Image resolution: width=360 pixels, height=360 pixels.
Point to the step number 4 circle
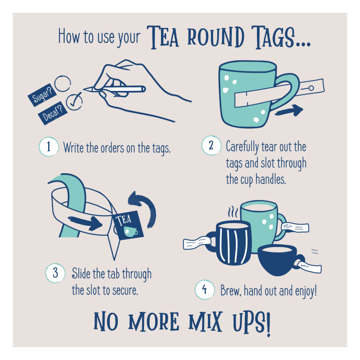[204, 290]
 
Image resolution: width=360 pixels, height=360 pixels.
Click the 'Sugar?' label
[40, 93]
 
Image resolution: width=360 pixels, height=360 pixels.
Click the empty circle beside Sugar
[62, 82]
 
